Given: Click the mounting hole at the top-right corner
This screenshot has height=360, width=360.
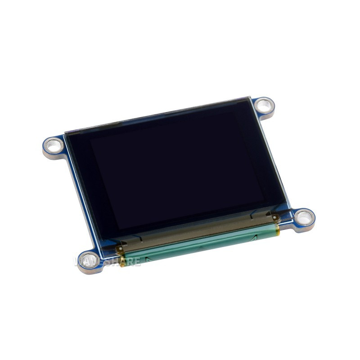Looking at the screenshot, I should [x=264, y=106].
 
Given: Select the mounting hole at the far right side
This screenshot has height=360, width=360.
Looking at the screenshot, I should [x=305, y=218].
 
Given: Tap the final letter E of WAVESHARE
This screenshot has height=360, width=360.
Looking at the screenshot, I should [x=136, y=261].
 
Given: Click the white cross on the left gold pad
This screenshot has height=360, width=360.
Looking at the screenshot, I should [x=119, y=248].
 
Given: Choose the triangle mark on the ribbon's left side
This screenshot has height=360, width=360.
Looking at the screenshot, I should [x=145, y=260].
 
